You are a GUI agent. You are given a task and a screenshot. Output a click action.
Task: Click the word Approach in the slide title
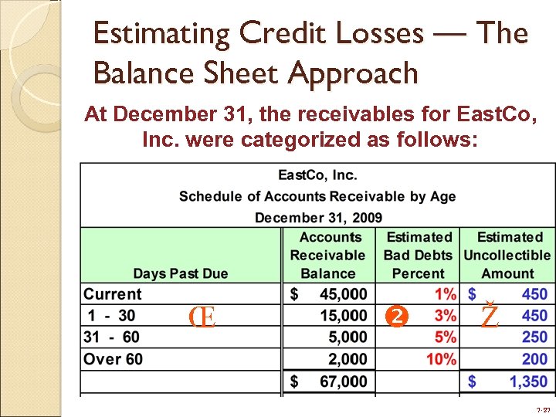[x=353, y=74]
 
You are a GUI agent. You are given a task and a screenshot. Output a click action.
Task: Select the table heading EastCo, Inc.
[x=317, y=176]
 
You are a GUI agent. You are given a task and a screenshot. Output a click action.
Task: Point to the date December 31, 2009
[x=317, y=218]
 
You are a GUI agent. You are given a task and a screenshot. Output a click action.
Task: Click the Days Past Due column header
[x=181, y=273]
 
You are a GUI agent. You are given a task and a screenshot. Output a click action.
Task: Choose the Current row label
[x=113, y=294]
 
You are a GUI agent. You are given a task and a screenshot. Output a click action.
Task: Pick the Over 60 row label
[x=113, y=359]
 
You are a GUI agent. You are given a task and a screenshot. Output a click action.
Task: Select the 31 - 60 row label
[x=111, y=337]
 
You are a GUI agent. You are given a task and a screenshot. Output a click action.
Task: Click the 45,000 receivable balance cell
[x=343, y=294]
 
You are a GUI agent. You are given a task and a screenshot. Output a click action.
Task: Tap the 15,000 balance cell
[x=343, y=316]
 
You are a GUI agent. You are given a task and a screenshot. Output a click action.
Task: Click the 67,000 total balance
[x=343, y=381]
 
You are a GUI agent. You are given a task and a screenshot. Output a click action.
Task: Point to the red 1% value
[x=445, y=294]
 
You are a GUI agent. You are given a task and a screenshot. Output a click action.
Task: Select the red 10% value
[x=441, y=359]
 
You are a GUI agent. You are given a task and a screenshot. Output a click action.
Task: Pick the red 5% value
[x=445, y=337]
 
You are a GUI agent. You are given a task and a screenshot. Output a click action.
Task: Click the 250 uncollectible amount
[x=534, y=337]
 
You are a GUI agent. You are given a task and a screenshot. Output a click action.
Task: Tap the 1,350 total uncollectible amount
[x=528, y=381]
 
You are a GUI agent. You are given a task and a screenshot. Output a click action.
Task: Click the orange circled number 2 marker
[x=395, y=316]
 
